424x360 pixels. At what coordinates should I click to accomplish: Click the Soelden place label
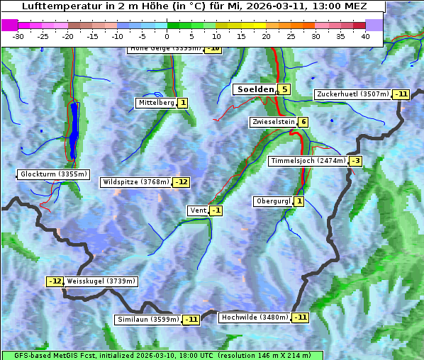[x=255, y=89]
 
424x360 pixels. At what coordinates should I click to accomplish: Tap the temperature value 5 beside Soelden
[x=284, y=89]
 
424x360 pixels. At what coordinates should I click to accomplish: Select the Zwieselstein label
[x=273, y=122]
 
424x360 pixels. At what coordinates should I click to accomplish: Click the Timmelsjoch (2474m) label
[x=308, y=161]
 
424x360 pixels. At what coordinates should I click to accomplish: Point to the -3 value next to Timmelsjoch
[x=355, y=161]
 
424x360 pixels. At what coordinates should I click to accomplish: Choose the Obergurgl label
[x=273, y=201]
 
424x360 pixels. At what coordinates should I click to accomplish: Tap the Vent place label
[x=198, y=210]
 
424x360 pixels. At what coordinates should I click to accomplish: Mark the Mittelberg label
[x=156, y=103]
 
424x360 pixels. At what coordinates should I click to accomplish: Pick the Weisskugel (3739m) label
[x=101, y=281]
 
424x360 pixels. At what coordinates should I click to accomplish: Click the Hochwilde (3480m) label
[x=254, y=317]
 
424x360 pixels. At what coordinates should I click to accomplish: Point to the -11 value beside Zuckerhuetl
[x=401, y=94]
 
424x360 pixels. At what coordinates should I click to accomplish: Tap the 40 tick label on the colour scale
[x=365, y=36]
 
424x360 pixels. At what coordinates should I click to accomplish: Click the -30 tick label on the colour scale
[x=18, y=36]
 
